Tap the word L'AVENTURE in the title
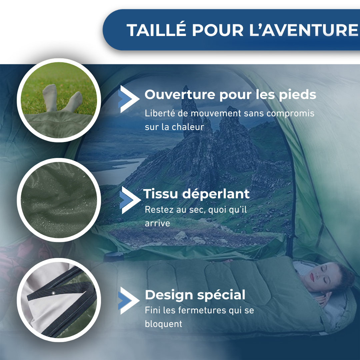pos(303,30)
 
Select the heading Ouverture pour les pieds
pos(230,95)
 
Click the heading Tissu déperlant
pos(196,194)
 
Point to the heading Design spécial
pos(195,295)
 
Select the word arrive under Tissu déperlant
pos(157,223)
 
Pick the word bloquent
pos(163,323)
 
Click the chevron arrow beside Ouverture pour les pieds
pos(128,99)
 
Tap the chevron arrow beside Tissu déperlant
pos(129,200)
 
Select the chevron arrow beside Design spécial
pos(128,300)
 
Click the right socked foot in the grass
pos(73,102)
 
